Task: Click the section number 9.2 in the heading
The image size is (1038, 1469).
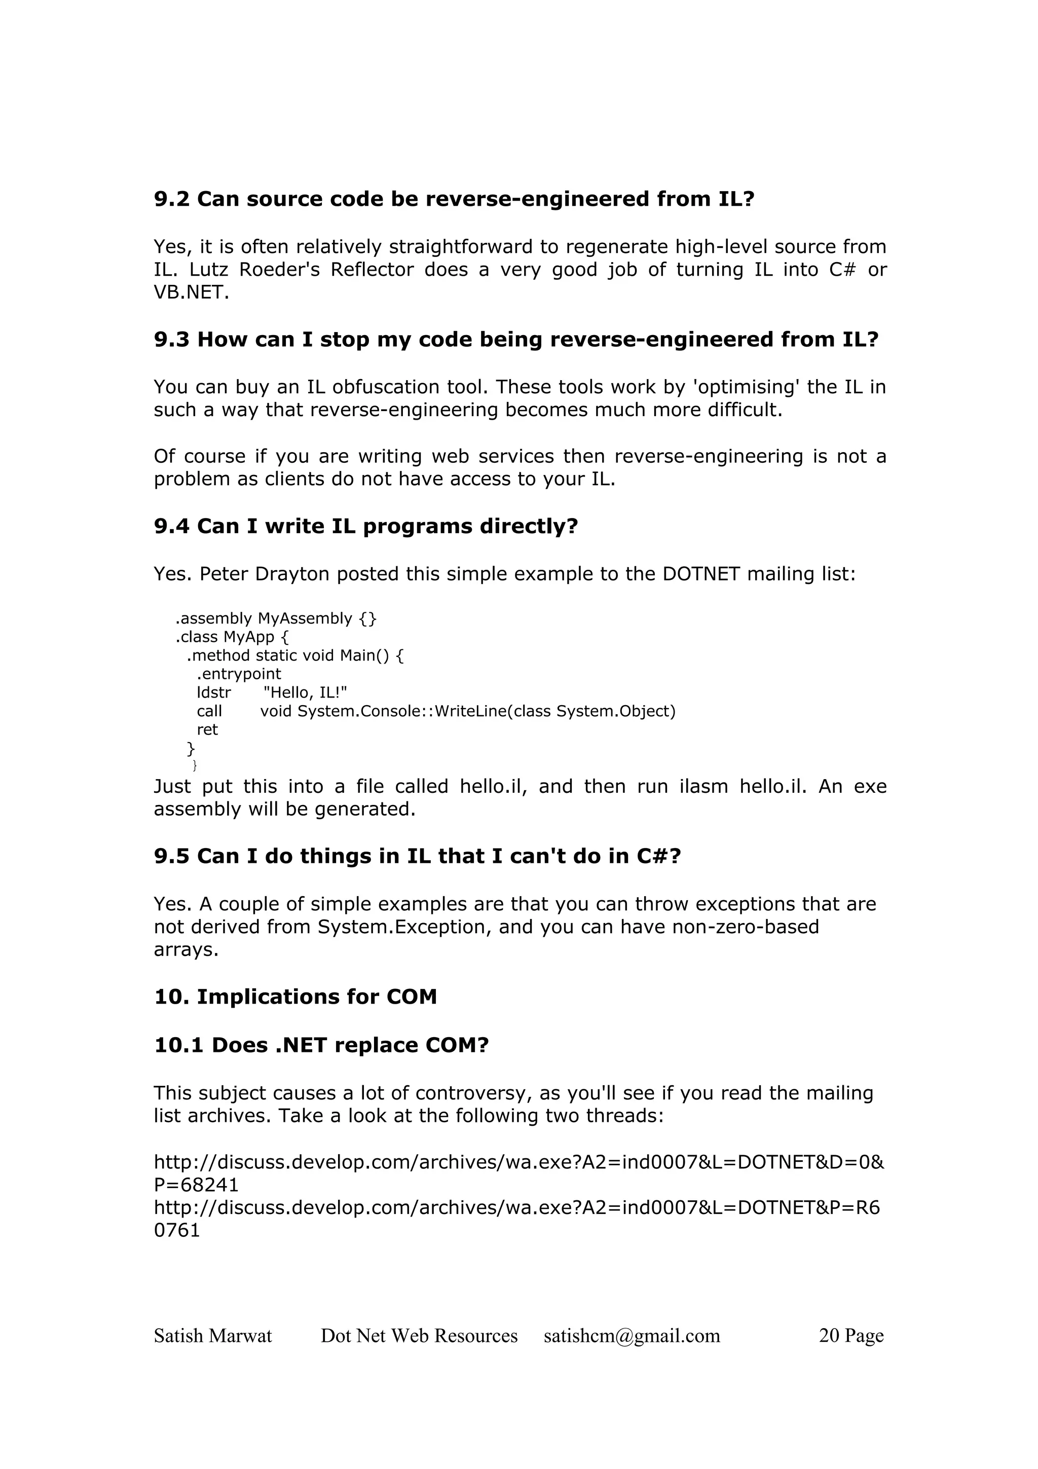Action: tap(171, 199)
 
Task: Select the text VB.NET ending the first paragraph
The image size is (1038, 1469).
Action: tap(191, 293)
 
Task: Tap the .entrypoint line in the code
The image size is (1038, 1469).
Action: tap(239, 674)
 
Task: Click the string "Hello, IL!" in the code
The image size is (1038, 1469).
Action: tap(305, 692)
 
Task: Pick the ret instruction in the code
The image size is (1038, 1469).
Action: tap(207, 729)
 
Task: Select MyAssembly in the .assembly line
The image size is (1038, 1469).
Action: tap(305, 619)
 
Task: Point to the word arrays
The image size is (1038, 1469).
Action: tap(186, 949)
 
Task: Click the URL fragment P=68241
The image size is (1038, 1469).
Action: tap(196, 1185)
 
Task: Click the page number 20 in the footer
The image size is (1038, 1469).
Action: tap(829, 1335)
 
